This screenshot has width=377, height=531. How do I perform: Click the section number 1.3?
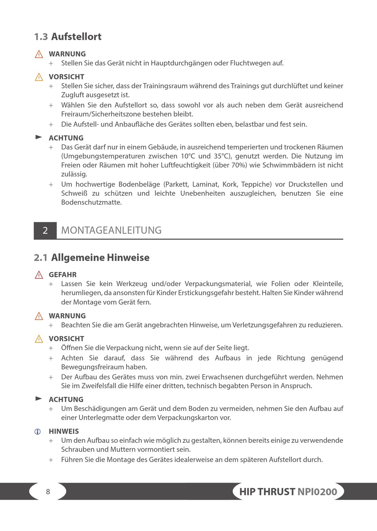(x=40, y=37)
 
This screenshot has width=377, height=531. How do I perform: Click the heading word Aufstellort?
(x=76, y=37)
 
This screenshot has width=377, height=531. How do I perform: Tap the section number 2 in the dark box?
(x=45, y=231)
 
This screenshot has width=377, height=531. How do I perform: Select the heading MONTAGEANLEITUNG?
(x=111, y=231)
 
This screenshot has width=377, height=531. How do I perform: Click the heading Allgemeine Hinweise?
(x=100, y=258)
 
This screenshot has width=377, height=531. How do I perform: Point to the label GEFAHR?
(x=63, y=275)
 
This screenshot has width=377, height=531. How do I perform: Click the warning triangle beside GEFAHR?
(x=39, y=275)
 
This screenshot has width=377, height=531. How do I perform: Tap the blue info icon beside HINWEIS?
(x=38, y=432)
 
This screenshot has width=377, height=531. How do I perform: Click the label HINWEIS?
(x=63, y=431)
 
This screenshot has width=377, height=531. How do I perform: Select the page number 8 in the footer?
(x=48, y=492)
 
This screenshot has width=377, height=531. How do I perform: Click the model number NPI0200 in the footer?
(x=317, y=492)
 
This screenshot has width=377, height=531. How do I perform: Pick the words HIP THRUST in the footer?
(x=267, y=492)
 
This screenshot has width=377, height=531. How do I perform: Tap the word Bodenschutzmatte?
(x=91, y=202)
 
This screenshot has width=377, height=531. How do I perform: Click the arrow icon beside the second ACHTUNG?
(x=38, y=398)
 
